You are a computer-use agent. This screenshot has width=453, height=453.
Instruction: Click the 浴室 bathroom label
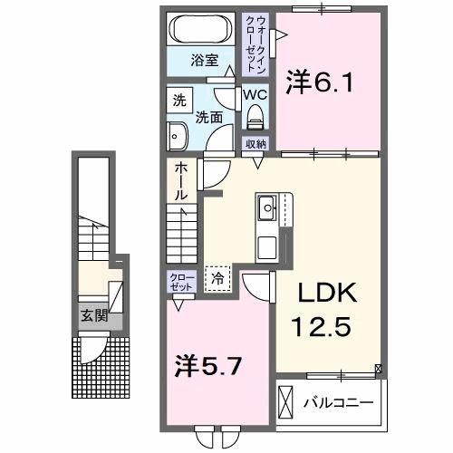[204, 61]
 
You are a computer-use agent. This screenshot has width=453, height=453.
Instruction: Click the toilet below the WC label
[254, 114]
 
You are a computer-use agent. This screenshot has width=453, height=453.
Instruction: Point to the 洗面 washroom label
[210, 115]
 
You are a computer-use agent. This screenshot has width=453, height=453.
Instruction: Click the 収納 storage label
[255, 143]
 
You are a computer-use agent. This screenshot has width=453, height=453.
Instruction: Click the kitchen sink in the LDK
[268, 207]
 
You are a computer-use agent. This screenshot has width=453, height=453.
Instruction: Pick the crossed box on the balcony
[287, 400]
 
